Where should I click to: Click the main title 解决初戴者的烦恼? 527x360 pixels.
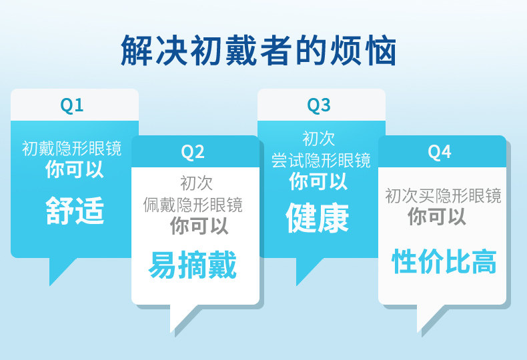[x=258, y=50]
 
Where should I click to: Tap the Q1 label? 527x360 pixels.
[x=71, y=105]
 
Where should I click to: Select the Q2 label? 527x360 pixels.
[x=193, y=152]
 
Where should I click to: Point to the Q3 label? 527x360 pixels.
[x=319, y=105]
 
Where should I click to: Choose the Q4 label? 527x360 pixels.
[x=440, y=152]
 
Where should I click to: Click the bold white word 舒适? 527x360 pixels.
[x=75, y=211]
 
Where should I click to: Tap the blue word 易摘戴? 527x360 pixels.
[x=193, y=265]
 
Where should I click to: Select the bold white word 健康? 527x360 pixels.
[x=318, y=217]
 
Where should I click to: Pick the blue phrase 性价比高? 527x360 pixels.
[x=444, y=261]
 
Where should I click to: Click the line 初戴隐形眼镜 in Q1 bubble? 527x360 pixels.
[x=71, y=149]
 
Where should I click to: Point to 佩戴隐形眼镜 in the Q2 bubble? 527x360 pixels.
[x=193, y=205]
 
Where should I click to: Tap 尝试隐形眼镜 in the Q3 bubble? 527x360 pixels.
[x=321, y=160]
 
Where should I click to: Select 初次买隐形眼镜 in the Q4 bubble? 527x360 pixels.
[x=443, y=196]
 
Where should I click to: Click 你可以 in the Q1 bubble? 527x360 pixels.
[x=75, y=169]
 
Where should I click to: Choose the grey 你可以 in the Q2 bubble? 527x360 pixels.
[x=199, y=225]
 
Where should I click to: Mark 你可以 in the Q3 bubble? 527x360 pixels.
[x=318, y=181]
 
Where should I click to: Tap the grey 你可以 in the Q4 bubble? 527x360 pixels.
[x=437, y=216]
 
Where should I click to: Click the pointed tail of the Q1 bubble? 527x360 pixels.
[x=59, y=269]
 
